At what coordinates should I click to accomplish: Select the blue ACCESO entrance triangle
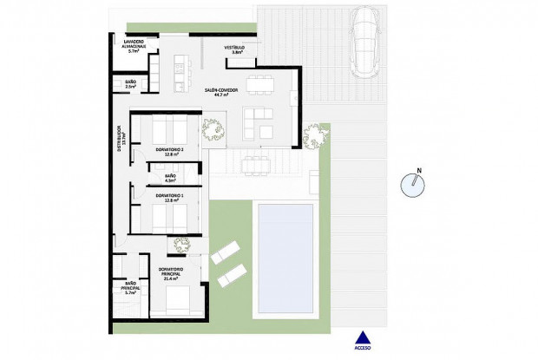363,340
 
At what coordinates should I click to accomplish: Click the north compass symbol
415,184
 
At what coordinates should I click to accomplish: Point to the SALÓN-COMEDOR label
222,92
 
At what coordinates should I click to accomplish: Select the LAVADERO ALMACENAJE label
133,46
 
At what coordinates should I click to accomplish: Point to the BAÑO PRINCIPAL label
131,286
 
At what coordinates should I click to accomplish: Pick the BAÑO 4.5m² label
170,178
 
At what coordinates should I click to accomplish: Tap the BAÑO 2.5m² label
130,84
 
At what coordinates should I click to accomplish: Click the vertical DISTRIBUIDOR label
120,139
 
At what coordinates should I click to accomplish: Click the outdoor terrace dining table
253,162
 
